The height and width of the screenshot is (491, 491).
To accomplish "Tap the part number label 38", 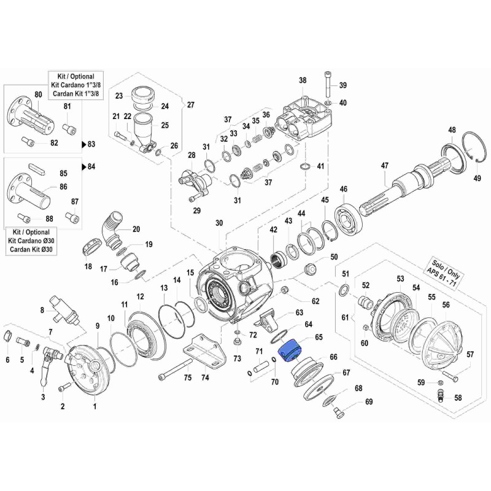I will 302,80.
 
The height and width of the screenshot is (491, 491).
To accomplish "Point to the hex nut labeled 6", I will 8,336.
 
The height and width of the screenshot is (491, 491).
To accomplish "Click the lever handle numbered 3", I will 44,371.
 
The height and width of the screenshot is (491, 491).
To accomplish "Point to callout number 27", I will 190,104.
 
